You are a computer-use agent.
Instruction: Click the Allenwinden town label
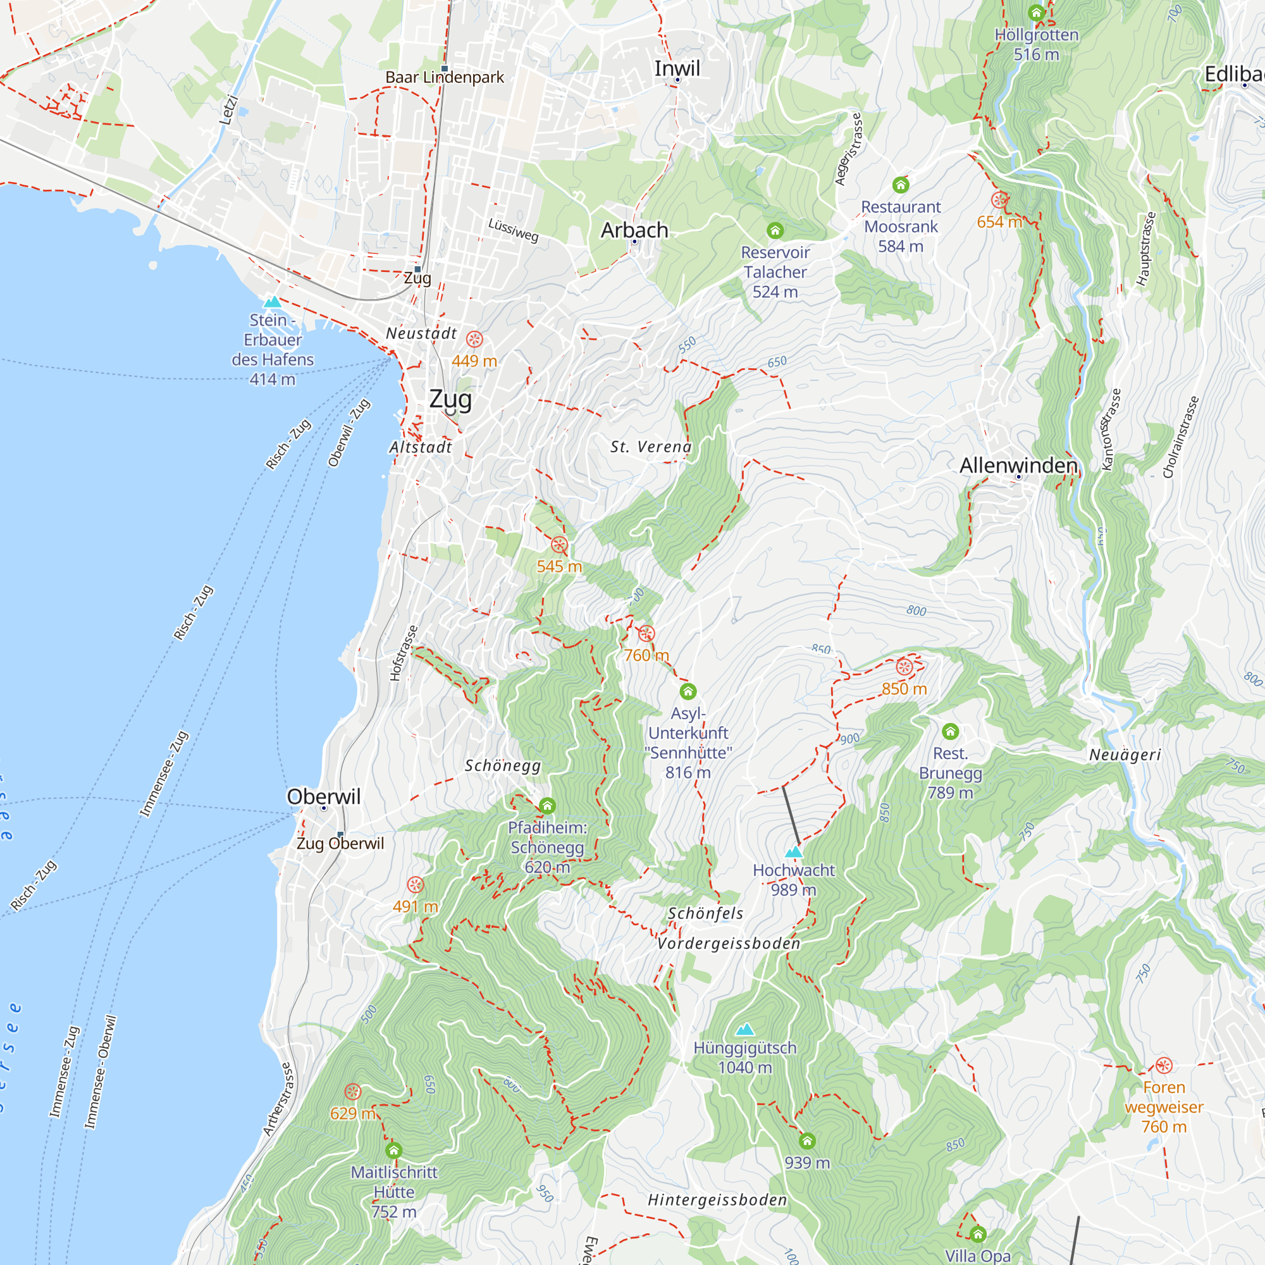tap(1018, 466)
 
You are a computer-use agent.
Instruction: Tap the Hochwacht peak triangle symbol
tap(794, 852)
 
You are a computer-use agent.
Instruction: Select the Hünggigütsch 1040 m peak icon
tap(744, 1030)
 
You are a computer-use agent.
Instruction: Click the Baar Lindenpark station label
tap(445, 77)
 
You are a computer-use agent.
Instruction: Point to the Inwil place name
tap(677, 68)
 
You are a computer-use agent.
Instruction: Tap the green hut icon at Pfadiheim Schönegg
tap(547, 805)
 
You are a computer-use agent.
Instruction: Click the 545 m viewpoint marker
tap(559, 545)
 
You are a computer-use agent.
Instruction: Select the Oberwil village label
tap(323, 796)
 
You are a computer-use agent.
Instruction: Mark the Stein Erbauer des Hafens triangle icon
tap(273, 302)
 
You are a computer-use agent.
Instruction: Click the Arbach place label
tap(634, 230)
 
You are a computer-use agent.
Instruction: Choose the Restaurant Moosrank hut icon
tap(901, 185)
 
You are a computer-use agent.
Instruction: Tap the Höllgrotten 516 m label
tap(1037, 44)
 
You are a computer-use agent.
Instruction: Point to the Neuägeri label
tap(1125, 755)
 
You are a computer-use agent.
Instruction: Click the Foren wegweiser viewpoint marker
tap(1164, 1065)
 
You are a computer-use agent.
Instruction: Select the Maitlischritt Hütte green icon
tap(393, 1151)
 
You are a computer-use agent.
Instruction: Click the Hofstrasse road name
tap(404, 653)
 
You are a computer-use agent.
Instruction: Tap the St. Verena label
tap(651, 447)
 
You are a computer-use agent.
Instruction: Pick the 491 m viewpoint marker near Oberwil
tap(415, 885)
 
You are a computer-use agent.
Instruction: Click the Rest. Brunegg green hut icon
tap(950, 731)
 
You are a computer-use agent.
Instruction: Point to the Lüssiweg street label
tap(514, 230)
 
